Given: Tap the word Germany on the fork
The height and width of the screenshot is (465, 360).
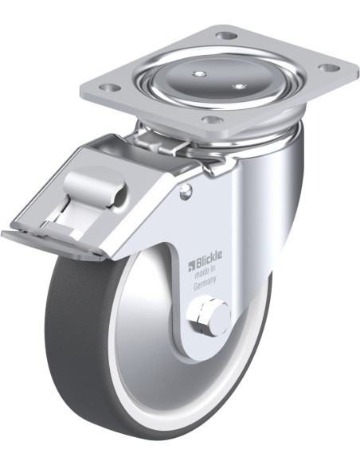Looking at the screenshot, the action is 205,283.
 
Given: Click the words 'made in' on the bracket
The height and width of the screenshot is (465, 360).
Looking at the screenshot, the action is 205,272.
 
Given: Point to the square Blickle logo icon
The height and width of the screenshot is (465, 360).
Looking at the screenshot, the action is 190,266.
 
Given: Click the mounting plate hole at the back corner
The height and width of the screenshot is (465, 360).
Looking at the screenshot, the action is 227,36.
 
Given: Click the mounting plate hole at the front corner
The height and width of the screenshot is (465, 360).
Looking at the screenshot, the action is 211,119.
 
